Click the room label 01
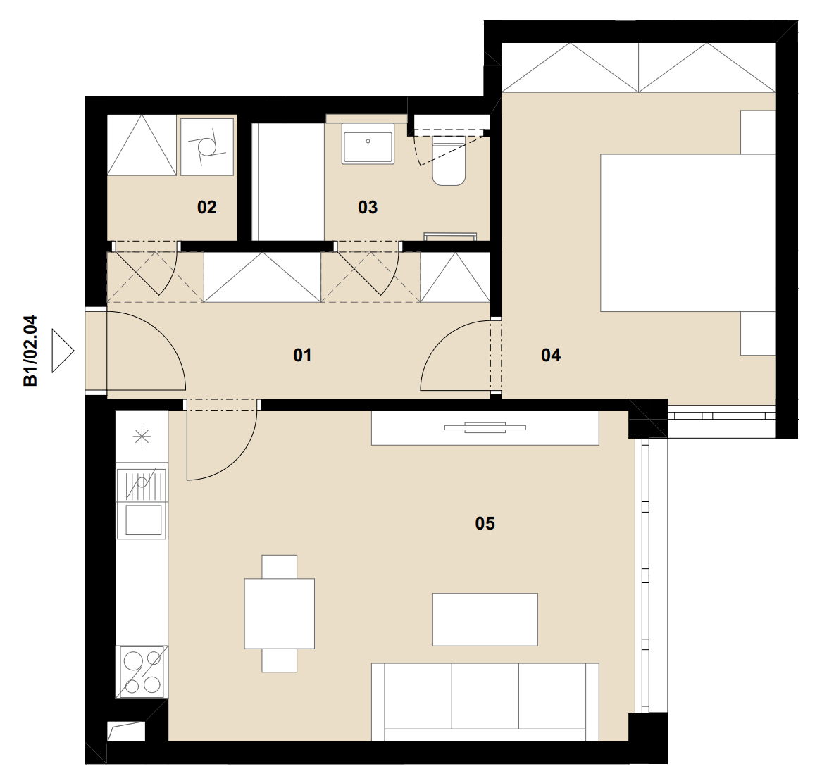[302, 356]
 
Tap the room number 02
[206, 208]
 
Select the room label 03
[368, 208]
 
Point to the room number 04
[550, 356]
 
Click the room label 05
[485, 523]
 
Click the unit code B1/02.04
[30, 351]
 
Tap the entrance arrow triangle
[63, 351]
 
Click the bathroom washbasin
[368, 144]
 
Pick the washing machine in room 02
[206, 146]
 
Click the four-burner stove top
[142, 672]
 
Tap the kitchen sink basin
[143, 520]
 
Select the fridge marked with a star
[142, 436]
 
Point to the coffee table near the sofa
[485, 620]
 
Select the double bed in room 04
[687, 232]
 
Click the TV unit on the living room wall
[485, 427]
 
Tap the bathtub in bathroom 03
[288, 182]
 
